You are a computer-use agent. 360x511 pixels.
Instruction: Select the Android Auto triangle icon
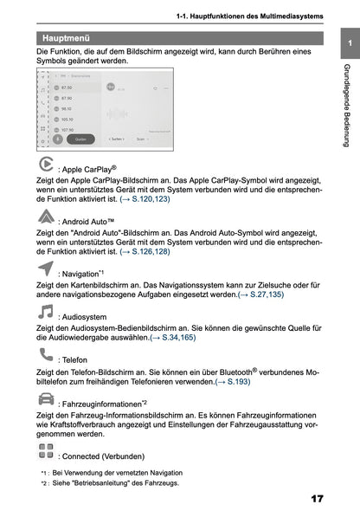click(47, 217)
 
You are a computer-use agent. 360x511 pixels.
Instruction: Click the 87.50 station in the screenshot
click(67, 87)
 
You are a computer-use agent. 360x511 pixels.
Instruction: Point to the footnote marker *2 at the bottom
click(43, 482)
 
